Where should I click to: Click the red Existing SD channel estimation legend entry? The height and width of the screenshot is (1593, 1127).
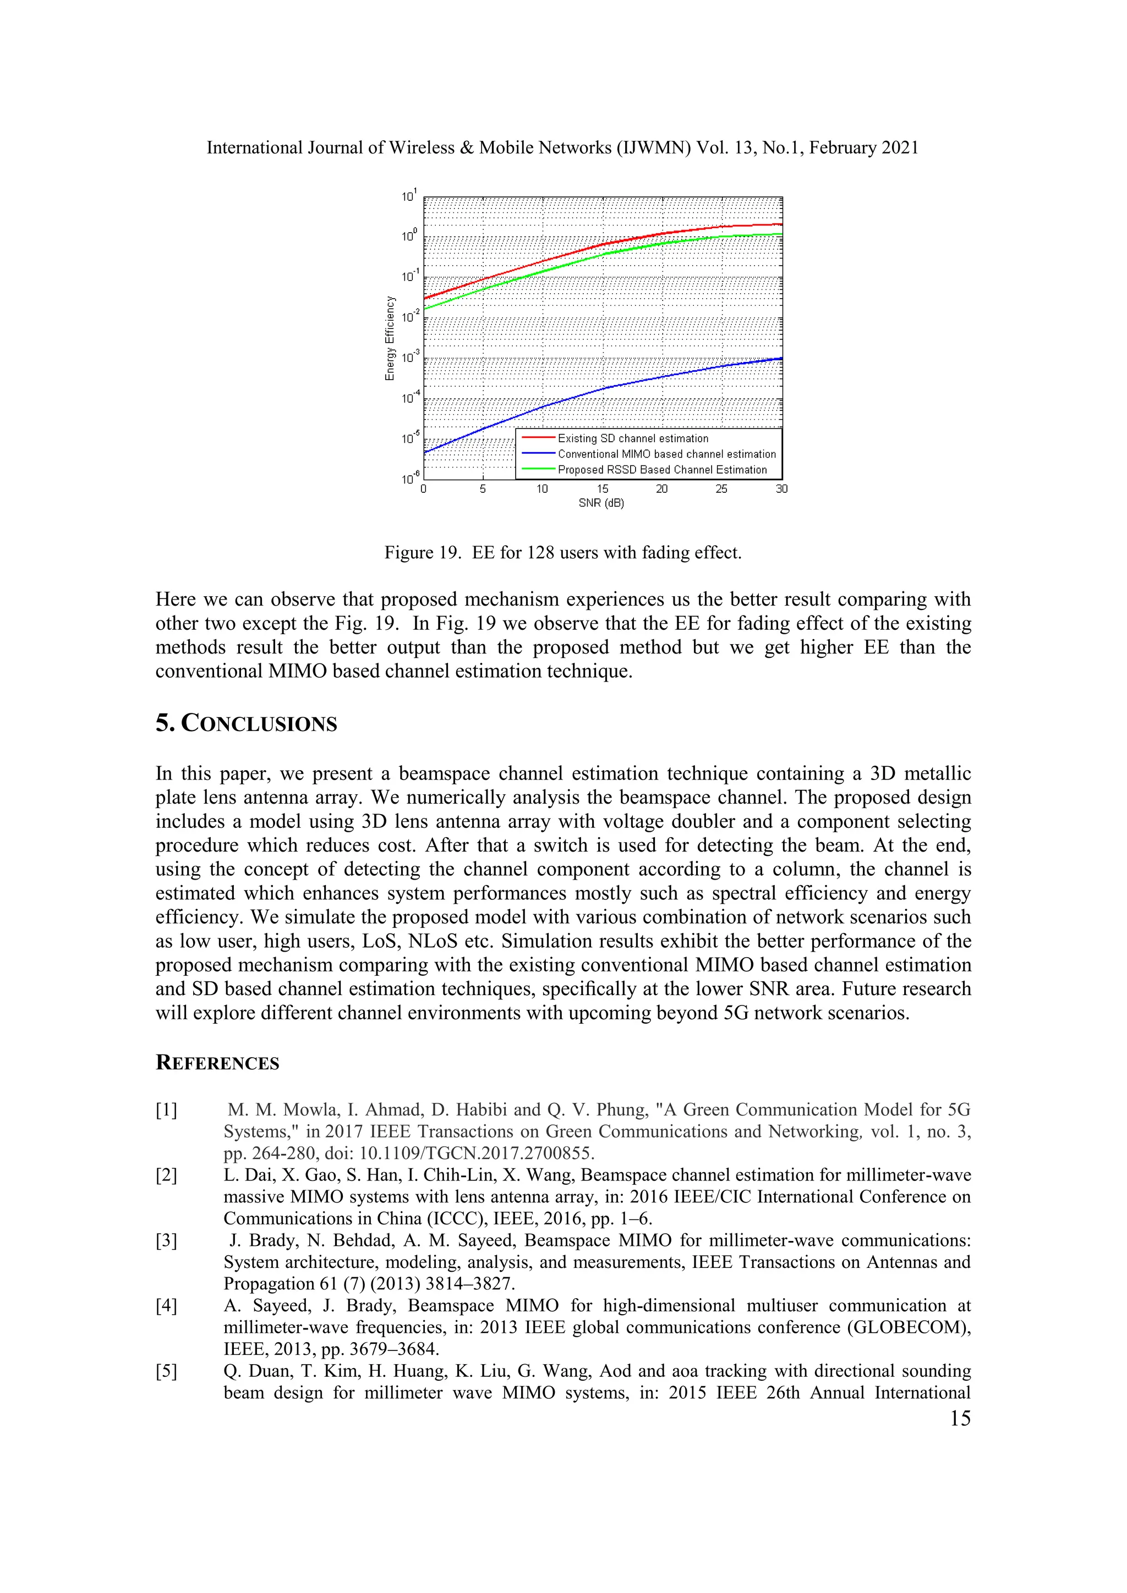632,438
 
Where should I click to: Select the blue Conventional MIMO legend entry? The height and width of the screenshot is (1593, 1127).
666,454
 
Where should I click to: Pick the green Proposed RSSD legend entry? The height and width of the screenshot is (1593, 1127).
662,470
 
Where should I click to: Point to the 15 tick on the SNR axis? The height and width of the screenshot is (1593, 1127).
603,489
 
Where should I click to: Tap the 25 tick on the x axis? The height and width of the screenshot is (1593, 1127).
722,489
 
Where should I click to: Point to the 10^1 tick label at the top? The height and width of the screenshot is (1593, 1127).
409,196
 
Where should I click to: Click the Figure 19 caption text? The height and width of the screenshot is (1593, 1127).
563,552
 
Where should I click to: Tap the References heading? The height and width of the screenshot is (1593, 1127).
217,1063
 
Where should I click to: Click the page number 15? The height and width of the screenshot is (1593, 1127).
960,1418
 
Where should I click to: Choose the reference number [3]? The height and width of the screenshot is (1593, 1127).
167,1240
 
